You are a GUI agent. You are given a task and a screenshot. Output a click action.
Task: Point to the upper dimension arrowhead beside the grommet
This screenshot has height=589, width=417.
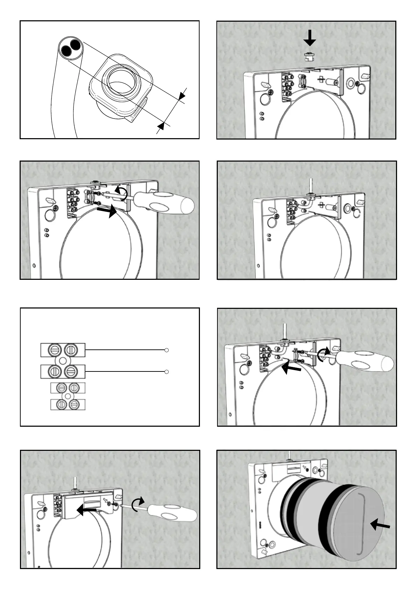coord(182,96)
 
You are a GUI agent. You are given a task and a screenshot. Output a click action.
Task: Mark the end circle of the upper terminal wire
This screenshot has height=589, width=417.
coord(167,350)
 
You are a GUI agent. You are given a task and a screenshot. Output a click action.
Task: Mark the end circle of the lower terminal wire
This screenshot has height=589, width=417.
coord(167,372)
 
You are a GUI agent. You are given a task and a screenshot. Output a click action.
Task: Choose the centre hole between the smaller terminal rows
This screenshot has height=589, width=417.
coord(68,396)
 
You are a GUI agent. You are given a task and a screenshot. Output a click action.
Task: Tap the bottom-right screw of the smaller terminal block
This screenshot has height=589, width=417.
coord(74,404)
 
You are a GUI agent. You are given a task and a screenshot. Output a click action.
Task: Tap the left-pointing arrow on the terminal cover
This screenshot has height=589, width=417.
coord(86,511)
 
